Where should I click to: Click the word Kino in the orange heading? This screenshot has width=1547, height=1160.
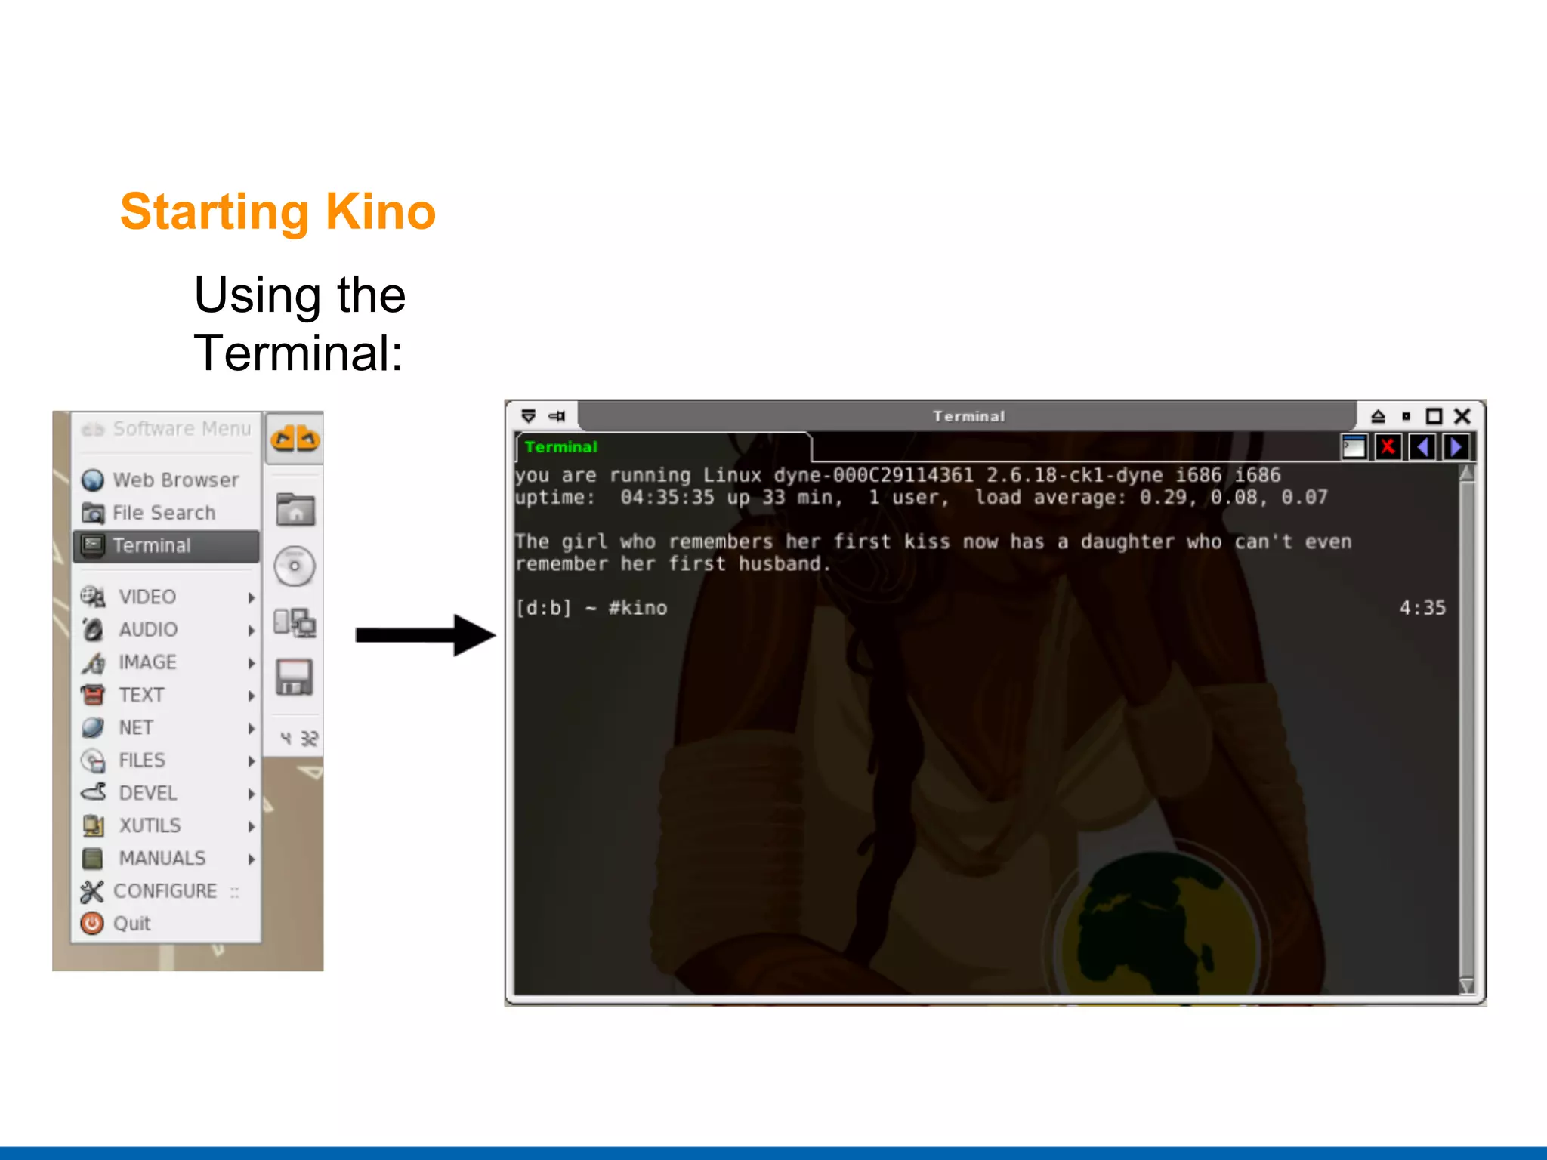pyautogui.click(x=380, y=211)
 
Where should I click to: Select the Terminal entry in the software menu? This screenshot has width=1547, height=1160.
pyautogui.click(x=151, y=546)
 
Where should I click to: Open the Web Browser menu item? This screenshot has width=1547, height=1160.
pyautogui.click(x=175, y=480)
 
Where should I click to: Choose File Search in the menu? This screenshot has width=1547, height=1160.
pyautogui.click(x=163, y=513)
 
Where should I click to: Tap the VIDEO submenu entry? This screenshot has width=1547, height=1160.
pyautogui.click(x=147, y=597)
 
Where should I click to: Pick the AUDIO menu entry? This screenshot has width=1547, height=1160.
pyautogui.click(x=148, y=629)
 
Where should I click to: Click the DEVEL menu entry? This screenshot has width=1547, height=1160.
pyautogui.click(x=147, y=793)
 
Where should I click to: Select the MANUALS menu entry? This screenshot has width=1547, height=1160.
pyautogui.click(x=162, y=858)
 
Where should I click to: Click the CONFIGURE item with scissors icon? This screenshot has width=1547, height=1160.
pyautogui.click(x=164, y=891)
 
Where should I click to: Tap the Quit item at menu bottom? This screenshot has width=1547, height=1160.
pyautogui.click(x=131, y=924)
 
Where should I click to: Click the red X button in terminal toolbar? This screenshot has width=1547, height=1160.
pyautogui.click(x=1388, y=448)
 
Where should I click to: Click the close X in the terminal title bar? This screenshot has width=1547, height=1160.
pyautogui.click(x=1462, y=416)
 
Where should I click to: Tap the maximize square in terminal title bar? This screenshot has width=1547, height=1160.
pyautogui.click(x=1434, y=416)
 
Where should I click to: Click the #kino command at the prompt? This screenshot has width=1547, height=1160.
pyautogui.click(x=638, y=608)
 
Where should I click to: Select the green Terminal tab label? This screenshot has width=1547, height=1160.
pyautogui.click(x=560, y=447)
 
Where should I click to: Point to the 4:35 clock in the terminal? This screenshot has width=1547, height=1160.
pyautogui.click(x=1422, y=608)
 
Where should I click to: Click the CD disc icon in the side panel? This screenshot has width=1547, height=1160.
pyautogui.click(x=295, y=566)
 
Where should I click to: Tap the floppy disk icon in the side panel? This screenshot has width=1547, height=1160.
pyautogui.click(x=295, y=677)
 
